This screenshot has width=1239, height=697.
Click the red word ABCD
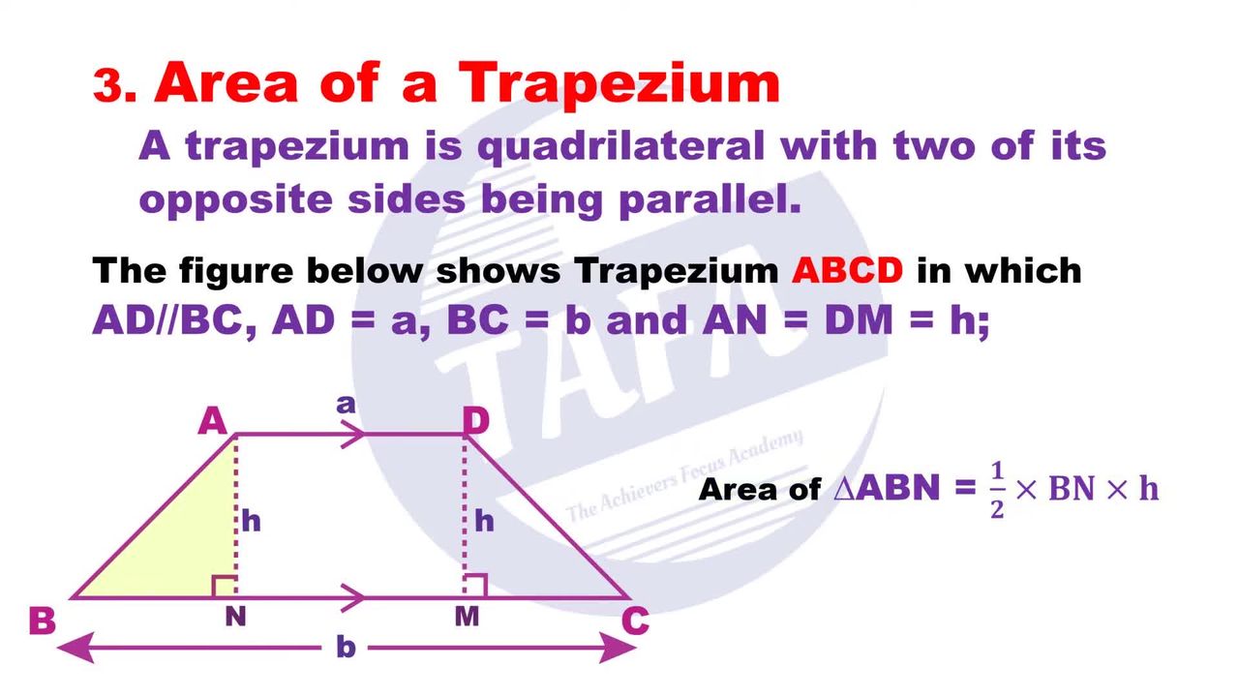point(847,271)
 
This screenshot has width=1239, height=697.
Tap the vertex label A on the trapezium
point(213,421)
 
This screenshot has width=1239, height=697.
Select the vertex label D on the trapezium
point(475,420)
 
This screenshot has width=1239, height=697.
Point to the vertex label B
point(42,621)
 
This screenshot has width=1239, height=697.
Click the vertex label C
point(635,621)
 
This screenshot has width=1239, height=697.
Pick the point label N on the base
point(235,617)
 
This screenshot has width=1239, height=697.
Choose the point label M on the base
point(467,617)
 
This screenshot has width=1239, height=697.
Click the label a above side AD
point(346,405)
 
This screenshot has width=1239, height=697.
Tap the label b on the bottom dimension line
point(346,646)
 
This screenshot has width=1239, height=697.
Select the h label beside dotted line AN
point(251,521)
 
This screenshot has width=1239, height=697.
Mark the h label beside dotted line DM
point(485,521)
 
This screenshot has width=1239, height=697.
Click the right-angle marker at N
point(225,587)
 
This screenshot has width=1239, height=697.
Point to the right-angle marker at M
point(475,586)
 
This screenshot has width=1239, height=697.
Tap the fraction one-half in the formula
point(997,490)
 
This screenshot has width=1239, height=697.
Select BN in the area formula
point(1072,490)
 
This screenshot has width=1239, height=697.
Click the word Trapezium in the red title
point(619,83)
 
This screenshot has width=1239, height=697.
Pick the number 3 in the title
point(107,85)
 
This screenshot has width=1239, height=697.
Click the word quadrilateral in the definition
point(621,147)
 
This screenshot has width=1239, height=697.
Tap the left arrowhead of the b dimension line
point(75,648)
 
